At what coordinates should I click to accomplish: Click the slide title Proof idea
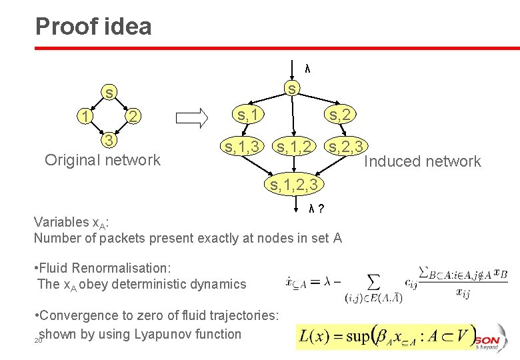click(93, 26)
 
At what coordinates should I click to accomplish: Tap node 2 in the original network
click(133, 117)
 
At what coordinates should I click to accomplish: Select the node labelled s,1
click(247, 115)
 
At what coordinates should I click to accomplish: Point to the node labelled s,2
click(339, 115)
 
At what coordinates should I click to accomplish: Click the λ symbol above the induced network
click(307, 68)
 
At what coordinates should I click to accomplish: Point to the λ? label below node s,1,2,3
click(316, 209)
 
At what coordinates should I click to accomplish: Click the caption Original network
click(102, 160)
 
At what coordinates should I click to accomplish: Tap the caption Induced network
click(423, 161)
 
